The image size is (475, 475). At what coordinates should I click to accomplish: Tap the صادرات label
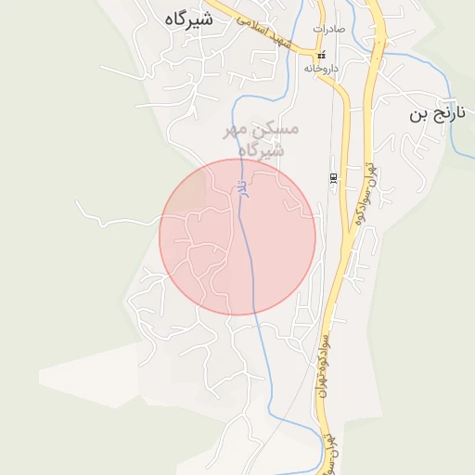coord(328,30)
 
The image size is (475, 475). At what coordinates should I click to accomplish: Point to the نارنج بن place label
coord(433,115)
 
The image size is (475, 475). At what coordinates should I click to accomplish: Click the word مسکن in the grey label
coord(277,129)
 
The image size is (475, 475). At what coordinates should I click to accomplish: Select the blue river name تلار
coord(241,186)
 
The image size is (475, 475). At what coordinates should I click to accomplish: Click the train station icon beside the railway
coord(333,177)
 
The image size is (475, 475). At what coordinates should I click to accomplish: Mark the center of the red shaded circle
coord(237,237)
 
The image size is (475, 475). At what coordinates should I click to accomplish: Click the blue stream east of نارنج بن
coord(453,130)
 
